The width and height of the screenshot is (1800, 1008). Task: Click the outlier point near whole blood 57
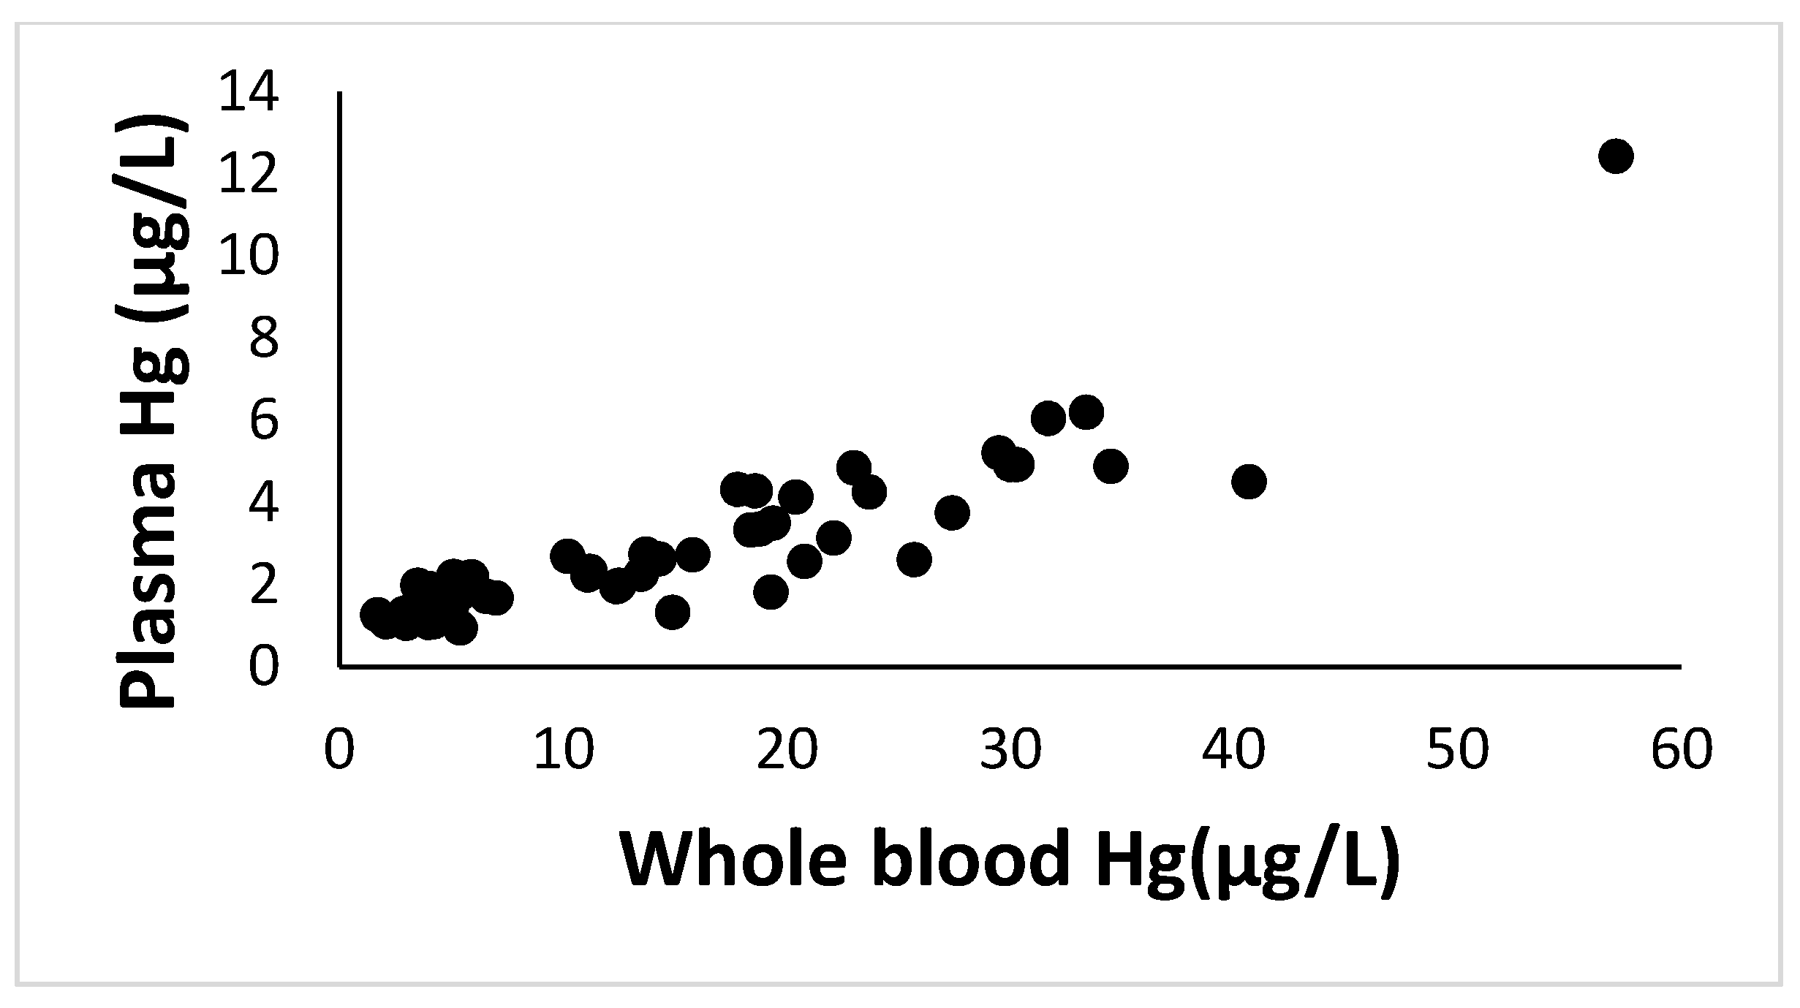(1616, 156)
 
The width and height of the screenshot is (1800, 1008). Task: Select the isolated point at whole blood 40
(1249, 481)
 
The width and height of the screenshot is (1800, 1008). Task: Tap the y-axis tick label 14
(249, 94)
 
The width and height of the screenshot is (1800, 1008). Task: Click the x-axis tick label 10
(564, 750)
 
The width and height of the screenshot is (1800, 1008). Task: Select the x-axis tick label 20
(787, 750)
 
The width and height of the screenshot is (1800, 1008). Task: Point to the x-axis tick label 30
(1010, 750)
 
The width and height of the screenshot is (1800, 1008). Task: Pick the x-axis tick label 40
(1234, 750)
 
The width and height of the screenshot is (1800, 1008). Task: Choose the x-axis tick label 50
(1458, 750)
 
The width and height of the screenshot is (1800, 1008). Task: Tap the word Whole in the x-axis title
(733, 860)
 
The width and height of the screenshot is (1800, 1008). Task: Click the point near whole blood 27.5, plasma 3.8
(952, 512)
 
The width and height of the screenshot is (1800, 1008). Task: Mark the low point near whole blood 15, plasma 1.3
(673, 611)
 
